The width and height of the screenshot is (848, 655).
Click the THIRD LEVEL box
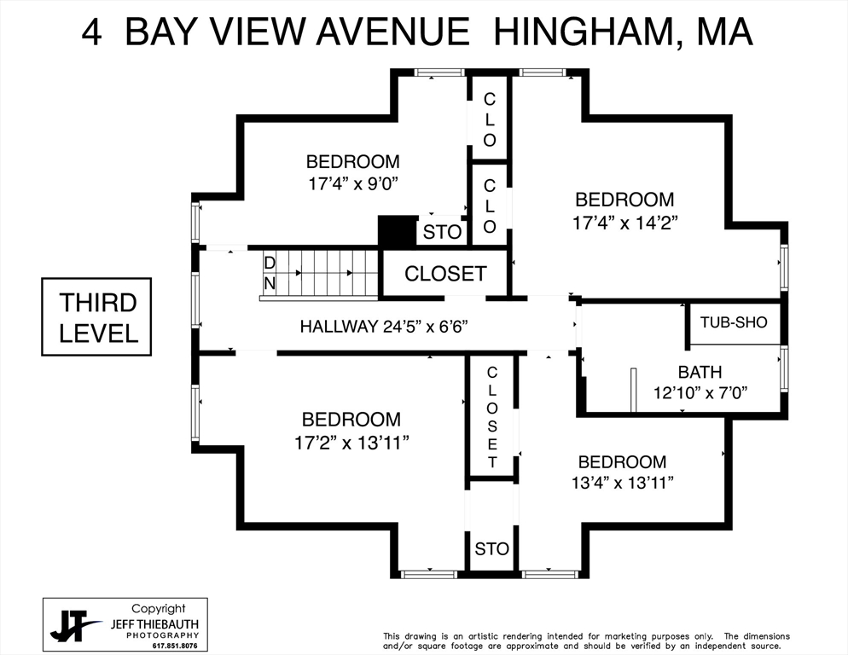pyautogui.click(x=96, y=316)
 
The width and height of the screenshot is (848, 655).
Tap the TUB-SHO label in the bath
pyautogui.click(x=734, y=322)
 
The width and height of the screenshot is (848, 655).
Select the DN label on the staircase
pyautogui.click(x=270, y=274)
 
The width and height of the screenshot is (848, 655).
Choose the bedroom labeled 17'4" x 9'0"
pyautogui.click(x=352, y=171)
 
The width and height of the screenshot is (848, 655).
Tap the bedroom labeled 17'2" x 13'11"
pyautogui.click(x=351, y=430)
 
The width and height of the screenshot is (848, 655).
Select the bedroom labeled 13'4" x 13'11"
pyautogui.click(x=622, y=472)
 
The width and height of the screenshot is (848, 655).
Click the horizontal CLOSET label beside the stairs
pyautogui.click(x=445, y=274)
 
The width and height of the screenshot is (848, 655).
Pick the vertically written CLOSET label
pyautogui.click(x=492, y=417)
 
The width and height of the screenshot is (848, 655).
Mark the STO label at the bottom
pyautogui.click(x=491, y=549)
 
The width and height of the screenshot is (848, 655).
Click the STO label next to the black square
pyautogui.click(x=442, y=232)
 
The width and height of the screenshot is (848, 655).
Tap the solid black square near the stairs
pyautogui.click(x=396, y=231)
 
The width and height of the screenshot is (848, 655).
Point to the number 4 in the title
pyautogui.click(x=93, y=32)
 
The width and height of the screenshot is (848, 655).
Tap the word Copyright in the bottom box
pyautogui.click(x=158, y=609)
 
